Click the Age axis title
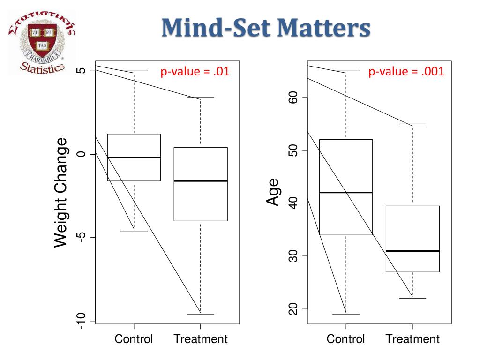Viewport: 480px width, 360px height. [273, 192]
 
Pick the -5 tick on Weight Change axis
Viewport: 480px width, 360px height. [80, 238]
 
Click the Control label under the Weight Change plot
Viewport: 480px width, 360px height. [134, 339]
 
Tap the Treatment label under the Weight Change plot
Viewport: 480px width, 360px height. [201, 339]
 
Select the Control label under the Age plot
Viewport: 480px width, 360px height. [346, 339]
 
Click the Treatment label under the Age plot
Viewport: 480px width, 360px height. [412, 339]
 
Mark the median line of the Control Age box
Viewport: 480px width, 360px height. [346, 192]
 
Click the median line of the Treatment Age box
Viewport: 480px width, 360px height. [412, 251]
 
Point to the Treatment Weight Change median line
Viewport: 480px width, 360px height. [201, 181]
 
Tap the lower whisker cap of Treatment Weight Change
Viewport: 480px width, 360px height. [201, 315]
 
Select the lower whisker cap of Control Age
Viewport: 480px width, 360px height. [346, 315]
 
